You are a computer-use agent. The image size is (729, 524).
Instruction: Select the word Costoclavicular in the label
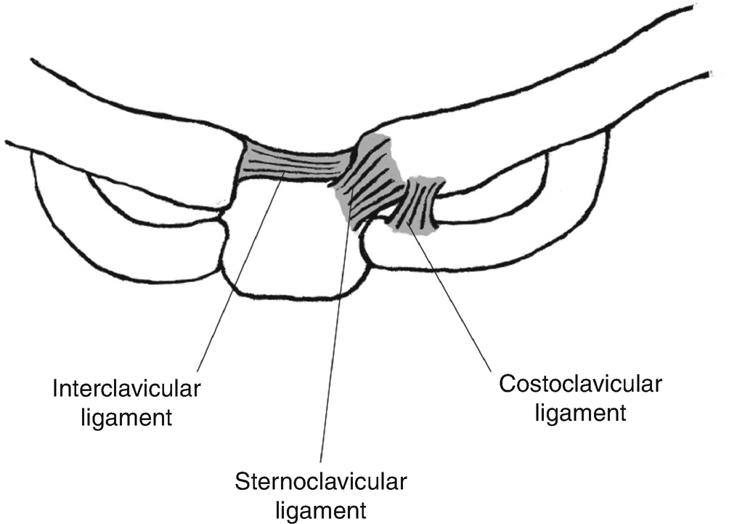coord(579,384)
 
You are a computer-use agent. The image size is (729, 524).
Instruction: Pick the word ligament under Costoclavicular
coord(579,412)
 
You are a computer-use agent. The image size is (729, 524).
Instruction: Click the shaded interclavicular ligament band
coord(290,163)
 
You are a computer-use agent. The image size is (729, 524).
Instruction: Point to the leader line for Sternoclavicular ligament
coord(335,327)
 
